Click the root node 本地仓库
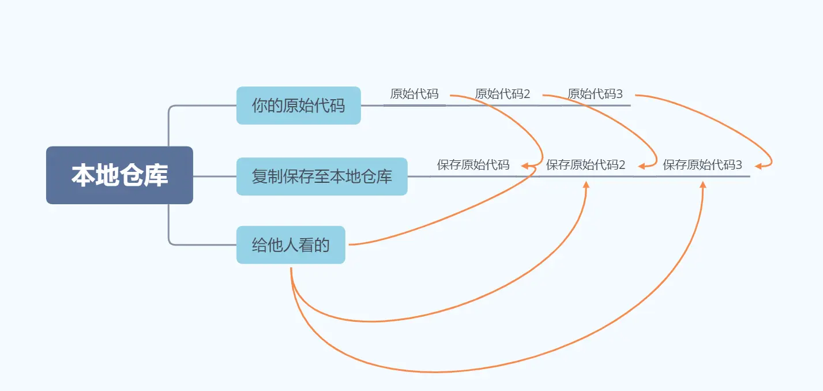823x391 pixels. coord(119,175)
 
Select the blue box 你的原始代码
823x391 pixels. coord(298,106)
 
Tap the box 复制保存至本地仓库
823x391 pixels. coord(322,176)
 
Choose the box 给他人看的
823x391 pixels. coord(291,245)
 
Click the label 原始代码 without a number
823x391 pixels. coord(414,94)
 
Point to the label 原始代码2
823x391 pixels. coord(502,94)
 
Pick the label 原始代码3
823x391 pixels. coord(595,94)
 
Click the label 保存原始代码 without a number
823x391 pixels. coord(473,165)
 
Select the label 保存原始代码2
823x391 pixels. coord(585,165)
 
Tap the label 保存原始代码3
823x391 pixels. coord(702,165)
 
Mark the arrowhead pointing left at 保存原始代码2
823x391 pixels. coord(641,166)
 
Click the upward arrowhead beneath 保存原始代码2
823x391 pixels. coord(586,185)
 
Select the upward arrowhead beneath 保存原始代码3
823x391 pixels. coord(703,185)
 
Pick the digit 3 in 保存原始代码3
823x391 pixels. coord(739,165)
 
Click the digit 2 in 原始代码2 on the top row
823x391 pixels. coord(527,94)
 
